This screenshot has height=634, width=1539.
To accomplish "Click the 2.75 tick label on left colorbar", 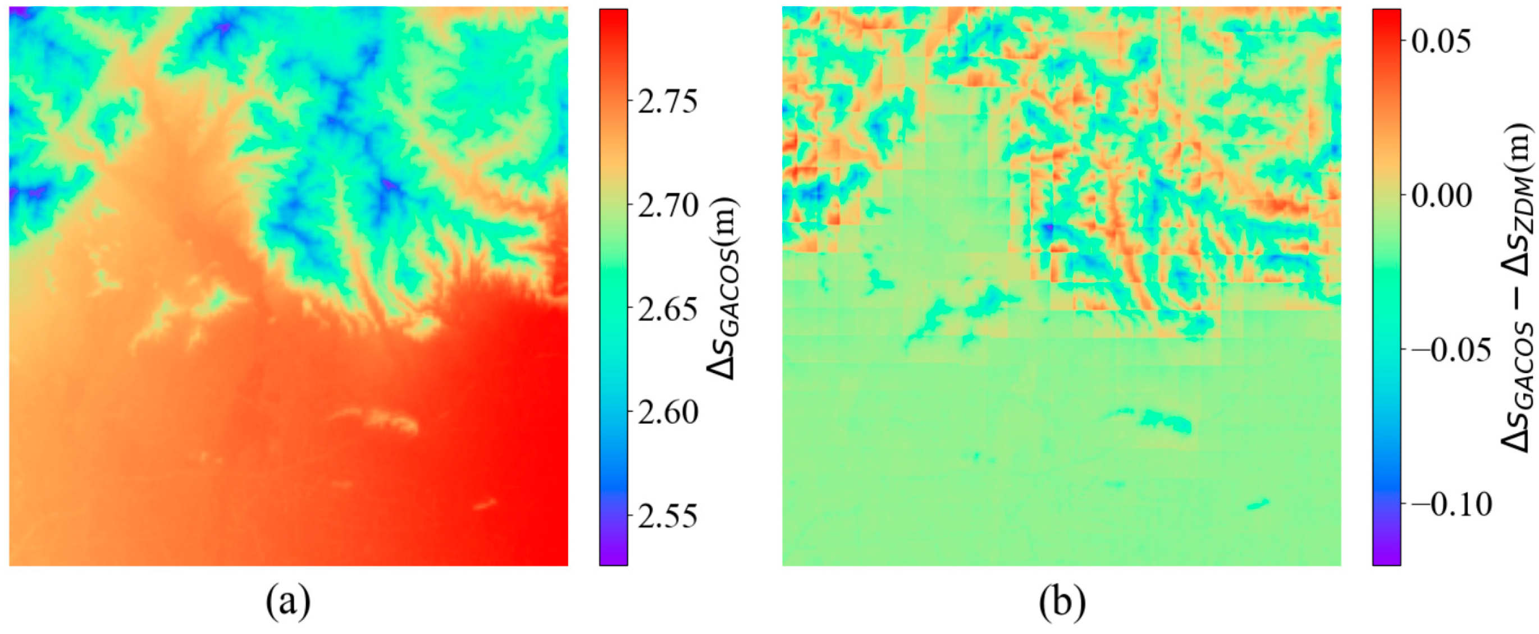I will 666,102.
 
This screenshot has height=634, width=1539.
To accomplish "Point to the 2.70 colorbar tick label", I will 666,205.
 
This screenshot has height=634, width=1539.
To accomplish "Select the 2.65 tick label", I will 666,309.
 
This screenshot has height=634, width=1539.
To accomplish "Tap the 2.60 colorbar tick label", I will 666,412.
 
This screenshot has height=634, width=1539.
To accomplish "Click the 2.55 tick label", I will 666,516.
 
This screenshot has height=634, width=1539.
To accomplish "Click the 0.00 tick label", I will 1440,195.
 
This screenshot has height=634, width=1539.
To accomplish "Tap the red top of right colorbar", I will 1387,18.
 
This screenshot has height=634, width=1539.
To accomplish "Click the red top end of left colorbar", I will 614,18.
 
